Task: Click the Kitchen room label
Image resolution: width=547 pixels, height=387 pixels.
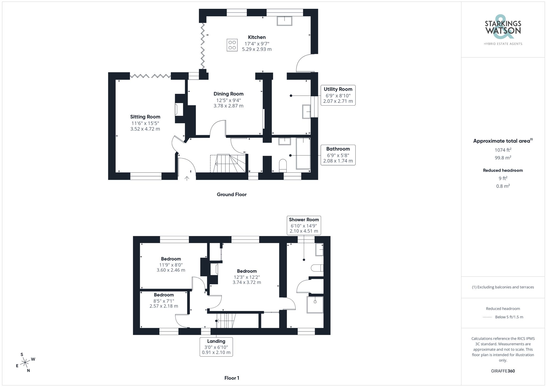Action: pyautogui.click(x=257, y=37)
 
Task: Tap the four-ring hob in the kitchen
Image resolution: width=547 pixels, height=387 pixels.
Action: pyautogui.click(x=232, y=45)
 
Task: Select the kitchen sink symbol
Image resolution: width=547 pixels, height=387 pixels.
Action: pyautogui.click(x=284, y=21)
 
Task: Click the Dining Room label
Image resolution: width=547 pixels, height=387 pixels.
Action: pyautogui.click(x=228, y=94)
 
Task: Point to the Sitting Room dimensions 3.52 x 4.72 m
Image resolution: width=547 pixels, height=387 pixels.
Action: pyautogui.click(x=145, y=129)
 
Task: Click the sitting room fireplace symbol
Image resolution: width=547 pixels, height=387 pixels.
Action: pyautogui.click(x=179, y=109)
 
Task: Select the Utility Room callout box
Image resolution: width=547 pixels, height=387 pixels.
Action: pyautogui.click(x=338, y=95)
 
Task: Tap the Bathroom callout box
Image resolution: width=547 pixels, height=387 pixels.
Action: pyautogui.click(x=338, y=155)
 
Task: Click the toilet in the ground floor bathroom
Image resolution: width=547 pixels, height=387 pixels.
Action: pyautogui.click(x=283, y=166)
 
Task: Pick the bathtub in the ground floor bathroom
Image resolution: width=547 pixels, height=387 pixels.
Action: pyautogui.click(x=303, y=153)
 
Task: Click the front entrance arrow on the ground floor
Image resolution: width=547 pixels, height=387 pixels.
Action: pyautogui.click(x=187, y=179)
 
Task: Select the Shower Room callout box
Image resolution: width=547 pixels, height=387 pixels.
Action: pyautogui.click(x=304, y=225)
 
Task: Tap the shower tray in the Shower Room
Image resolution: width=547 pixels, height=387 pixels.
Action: pyautogui.click(x=315, y=304)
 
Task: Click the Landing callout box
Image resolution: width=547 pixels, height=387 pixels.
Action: pyautogui.click(x=216, y=347)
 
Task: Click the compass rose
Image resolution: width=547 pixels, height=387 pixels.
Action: pyautogui.click(x=25, y=363)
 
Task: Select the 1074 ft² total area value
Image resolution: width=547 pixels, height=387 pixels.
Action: pyautogui.click(x=503, y=150)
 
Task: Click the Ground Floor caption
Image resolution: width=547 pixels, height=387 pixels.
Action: pyautogui.click(x=232, y=194)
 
